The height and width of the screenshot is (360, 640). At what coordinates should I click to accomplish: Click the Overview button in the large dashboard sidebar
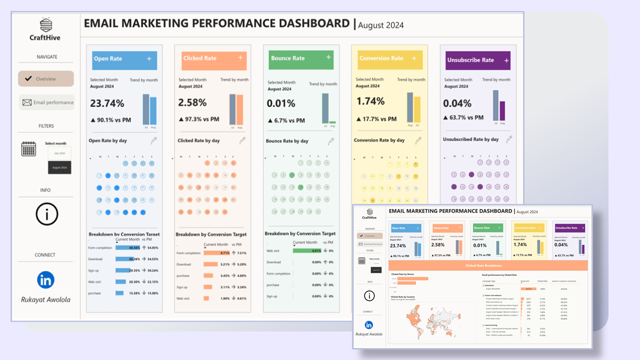tap(46, 79)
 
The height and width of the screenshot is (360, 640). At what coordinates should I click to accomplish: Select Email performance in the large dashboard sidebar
tap(47, 102)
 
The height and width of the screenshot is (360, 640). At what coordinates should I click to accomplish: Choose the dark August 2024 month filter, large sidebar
tap(59, 167)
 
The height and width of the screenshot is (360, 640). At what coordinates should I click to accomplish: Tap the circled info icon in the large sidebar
tap(47, 214)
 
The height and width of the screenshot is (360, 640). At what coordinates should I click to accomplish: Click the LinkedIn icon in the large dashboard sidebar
tap(45, 280)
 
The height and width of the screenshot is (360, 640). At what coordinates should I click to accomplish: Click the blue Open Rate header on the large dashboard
tap(124, 59)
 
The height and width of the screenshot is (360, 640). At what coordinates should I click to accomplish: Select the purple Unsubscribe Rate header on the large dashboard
tap(478, 60)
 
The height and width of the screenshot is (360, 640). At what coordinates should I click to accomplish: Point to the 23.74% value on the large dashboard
tap(107, 103)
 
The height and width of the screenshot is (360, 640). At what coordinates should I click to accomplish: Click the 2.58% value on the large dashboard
tap(192, 102)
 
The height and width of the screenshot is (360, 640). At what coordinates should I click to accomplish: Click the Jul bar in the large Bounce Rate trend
tap(325, 108)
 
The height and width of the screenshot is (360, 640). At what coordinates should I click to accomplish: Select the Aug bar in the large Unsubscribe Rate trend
tap(502, 111)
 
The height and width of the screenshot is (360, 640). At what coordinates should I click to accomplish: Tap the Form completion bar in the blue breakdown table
tap(127, 248)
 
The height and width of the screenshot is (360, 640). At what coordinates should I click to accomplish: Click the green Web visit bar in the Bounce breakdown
tap(306, 250)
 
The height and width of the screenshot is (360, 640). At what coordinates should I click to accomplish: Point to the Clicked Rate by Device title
tap(402, 274)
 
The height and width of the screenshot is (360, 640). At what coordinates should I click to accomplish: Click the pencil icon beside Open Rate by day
tap(153, 140)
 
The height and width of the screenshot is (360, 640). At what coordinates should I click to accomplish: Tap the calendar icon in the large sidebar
tap(28, 149)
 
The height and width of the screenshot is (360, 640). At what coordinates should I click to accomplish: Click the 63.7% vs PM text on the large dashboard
tap(463, 117)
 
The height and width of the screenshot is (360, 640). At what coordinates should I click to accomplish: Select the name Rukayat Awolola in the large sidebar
tap(45, 300)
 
